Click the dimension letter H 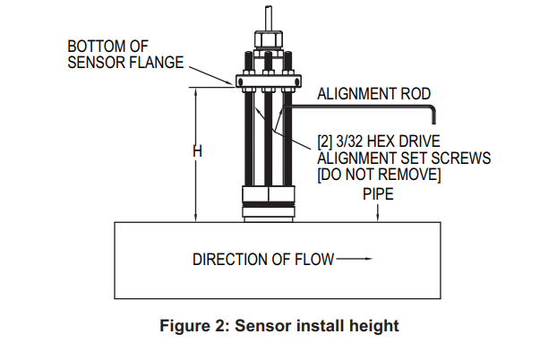tap(197, 152)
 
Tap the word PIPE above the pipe tap(379, 194)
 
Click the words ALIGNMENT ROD tap(374, 93)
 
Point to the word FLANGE tap(160, 62)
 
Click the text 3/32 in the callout tap(346, 141)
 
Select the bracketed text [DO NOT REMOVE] tap(379, 174)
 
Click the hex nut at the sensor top tap(266, 40)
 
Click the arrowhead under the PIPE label tap(380, 218)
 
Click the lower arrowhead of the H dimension tap(194, 217)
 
